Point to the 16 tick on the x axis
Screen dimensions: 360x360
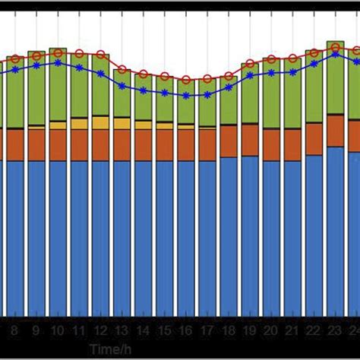185,331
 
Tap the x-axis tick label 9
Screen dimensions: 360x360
36,331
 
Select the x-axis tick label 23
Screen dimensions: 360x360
334,331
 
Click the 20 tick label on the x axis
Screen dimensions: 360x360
270,331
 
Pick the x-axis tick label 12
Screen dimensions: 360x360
100,331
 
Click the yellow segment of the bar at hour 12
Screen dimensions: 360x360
100,122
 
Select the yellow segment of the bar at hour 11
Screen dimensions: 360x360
79,123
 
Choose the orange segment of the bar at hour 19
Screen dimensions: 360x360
249,141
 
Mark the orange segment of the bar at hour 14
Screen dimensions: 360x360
143,144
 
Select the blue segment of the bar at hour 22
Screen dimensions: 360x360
313,235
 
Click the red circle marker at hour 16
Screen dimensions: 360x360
185,79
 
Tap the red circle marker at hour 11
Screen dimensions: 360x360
79,53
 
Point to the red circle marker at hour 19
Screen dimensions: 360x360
249,64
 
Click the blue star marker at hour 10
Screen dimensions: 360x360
58,63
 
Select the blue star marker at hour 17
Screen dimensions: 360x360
207,94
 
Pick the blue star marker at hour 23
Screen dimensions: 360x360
334,53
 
